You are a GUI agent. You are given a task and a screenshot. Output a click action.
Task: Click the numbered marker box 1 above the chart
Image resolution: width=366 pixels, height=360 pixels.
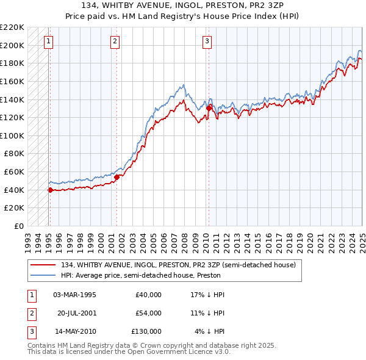(48, 41)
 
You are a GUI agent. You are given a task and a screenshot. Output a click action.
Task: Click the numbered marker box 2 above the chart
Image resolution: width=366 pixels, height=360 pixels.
(115, 41)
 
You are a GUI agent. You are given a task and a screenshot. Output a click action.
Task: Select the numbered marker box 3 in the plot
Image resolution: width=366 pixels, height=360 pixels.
(207, 41)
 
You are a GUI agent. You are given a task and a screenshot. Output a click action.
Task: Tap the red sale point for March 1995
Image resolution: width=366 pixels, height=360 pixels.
(50, 190)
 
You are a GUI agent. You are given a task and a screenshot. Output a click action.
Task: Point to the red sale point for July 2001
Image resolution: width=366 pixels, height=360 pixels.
(117, 177)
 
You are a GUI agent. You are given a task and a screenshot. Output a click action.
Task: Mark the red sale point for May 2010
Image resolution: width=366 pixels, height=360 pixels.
(209, 108)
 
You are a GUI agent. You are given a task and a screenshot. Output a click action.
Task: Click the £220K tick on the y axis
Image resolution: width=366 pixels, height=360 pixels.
(12, 27)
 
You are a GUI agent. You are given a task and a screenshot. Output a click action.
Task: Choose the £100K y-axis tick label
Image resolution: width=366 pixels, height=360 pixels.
(12, 135)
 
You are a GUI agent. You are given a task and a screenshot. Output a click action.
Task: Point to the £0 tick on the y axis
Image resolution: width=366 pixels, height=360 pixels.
(20, 226)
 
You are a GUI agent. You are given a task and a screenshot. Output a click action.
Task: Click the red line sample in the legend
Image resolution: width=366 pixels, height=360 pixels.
(43, 265)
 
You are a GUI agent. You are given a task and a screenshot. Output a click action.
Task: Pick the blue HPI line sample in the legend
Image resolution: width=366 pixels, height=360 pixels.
(43, 275)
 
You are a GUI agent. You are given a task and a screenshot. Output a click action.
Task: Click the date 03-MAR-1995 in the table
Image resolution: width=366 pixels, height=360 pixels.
(74, 295)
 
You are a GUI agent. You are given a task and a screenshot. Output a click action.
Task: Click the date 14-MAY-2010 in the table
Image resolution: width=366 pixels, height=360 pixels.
(74, 331)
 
